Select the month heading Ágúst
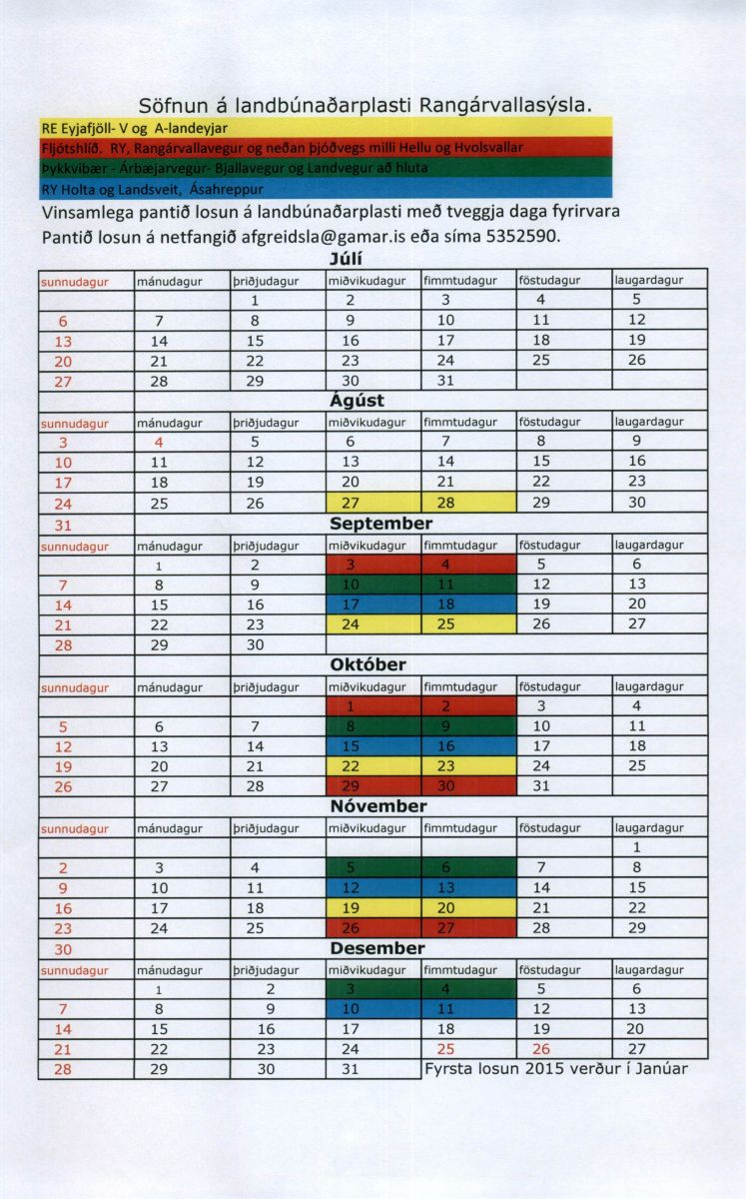[x=358, y=402]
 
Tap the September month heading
[x=381, y=524]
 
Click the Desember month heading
[x=377, y=948]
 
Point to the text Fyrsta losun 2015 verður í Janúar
[x=556, y=1069]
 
